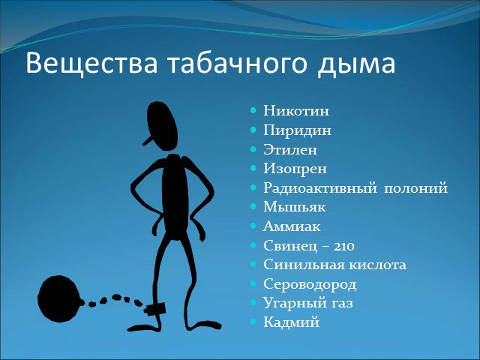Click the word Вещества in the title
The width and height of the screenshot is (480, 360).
[91, 64]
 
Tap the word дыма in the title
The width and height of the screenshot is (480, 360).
[356, 65]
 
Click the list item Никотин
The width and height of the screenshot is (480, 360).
[296, 110]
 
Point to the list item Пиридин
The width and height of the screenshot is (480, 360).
[297, 130]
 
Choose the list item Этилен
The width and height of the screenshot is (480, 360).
[290, 150]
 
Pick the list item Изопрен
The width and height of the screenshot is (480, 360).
[295, 169]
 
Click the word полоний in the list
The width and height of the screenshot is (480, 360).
[415, 188]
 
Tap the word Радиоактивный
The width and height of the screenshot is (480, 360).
[320, 188]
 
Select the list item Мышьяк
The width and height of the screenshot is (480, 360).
[294, 207]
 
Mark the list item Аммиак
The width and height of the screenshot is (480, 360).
[292, 226]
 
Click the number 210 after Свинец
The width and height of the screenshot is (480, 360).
[343, 246]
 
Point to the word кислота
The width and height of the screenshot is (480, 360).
[378, 265]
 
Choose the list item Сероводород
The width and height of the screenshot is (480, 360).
[310, 284]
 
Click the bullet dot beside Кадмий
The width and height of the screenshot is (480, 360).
[253, 322]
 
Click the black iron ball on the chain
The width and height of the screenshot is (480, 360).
[60, 298]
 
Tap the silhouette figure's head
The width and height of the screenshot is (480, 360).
[161, 126]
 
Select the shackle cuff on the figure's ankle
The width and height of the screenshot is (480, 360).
[155, 309]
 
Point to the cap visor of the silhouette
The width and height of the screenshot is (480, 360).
[148, 140]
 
